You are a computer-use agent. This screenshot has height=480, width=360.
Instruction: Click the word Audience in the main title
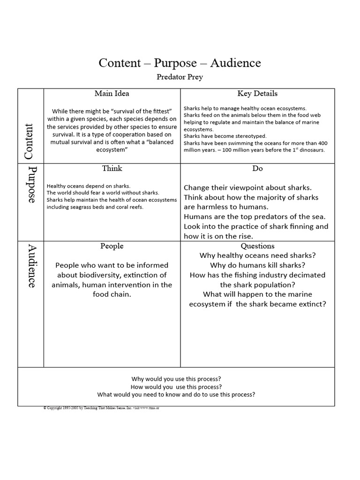[235, 63]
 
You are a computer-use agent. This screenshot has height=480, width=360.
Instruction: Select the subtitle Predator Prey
[180, 77]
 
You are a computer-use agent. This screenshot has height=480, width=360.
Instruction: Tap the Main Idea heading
[112, 93]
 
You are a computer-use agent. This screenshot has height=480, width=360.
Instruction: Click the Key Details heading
[257, 93]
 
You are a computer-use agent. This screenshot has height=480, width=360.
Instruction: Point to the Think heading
[112, 168]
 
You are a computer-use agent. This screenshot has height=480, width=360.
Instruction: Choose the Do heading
[257, 168]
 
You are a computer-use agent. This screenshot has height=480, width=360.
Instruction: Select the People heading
[112, 246]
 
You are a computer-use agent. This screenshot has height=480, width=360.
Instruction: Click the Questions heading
[257, 246]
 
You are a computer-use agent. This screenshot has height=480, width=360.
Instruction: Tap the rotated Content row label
[30, 141]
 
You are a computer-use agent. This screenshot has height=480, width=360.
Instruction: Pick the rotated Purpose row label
[31, 184]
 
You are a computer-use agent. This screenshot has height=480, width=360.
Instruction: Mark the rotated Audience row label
[31, 266]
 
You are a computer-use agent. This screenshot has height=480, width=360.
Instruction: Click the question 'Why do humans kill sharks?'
[257, 265]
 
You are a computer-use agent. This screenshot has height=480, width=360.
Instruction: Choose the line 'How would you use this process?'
[176, 387]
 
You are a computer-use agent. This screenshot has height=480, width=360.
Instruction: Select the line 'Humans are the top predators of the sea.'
[255, 217]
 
